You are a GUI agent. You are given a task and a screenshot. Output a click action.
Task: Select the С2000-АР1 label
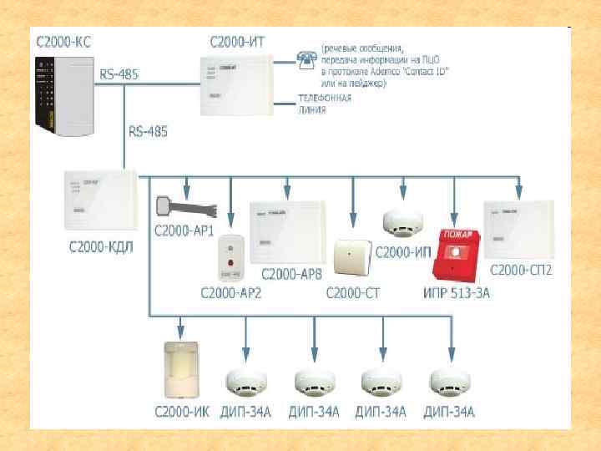click(x=183, y=229)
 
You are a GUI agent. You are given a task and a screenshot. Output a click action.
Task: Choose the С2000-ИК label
click(x=179, y=411)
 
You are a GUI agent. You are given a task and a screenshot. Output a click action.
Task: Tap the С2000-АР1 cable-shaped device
click(x=182, y=206)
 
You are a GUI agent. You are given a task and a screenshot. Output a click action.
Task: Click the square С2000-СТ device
click(x=351, y=257)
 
